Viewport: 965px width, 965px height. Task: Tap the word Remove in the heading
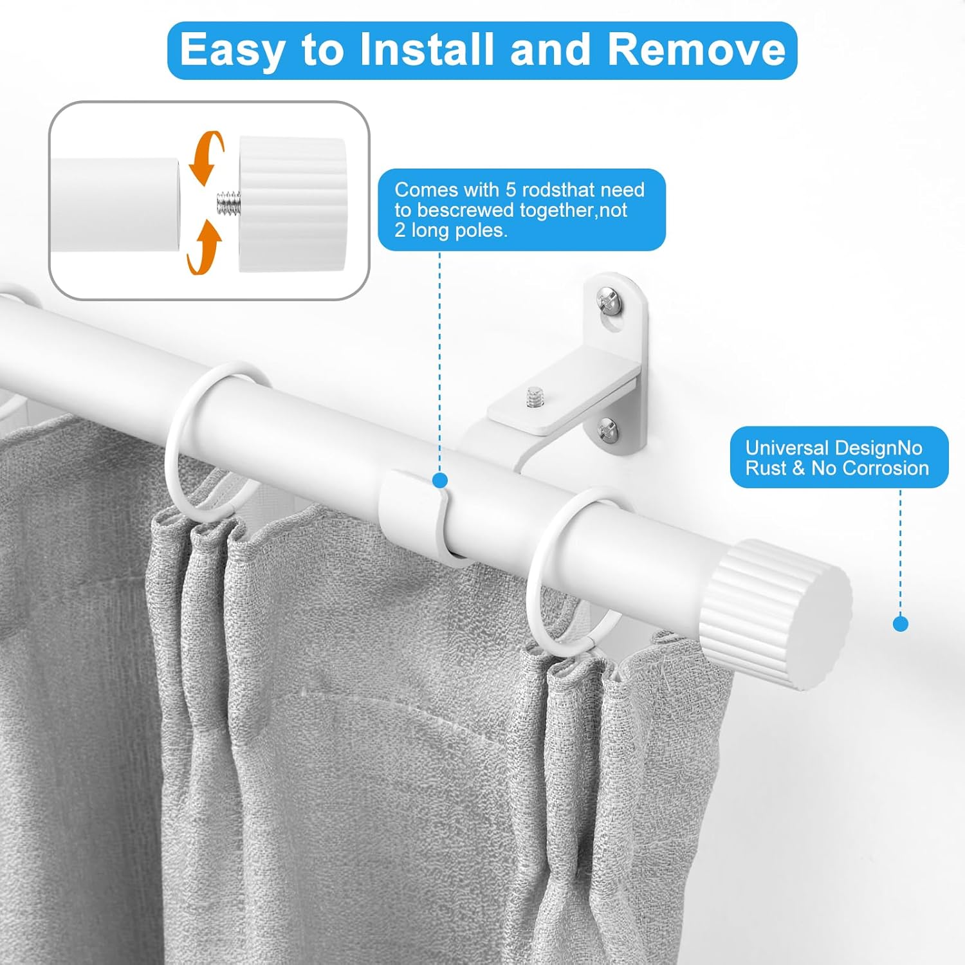point(696,50)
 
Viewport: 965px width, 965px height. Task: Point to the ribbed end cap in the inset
point(293,203)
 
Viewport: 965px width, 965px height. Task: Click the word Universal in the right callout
point(787,448)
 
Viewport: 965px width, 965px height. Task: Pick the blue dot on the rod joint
point(440,480)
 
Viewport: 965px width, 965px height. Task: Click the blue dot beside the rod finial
point(901,623)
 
